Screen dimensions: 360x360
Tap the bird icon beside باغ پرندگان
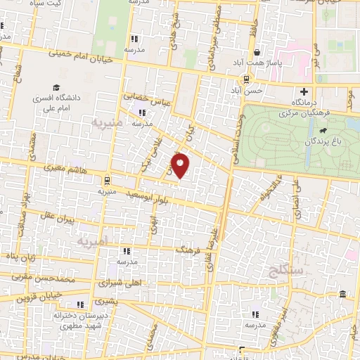[322, 131]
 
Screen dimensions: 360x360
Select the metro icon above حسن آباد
[246, 79]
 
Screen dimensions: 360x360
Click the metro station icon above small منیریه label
[106, 180]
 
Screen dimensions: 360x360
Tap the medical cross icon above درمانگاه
[304, 91]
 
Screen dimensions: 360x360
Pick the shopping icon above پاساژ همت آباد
[259, 52]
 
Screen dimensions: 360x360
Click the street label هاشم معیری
[67, 169]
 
